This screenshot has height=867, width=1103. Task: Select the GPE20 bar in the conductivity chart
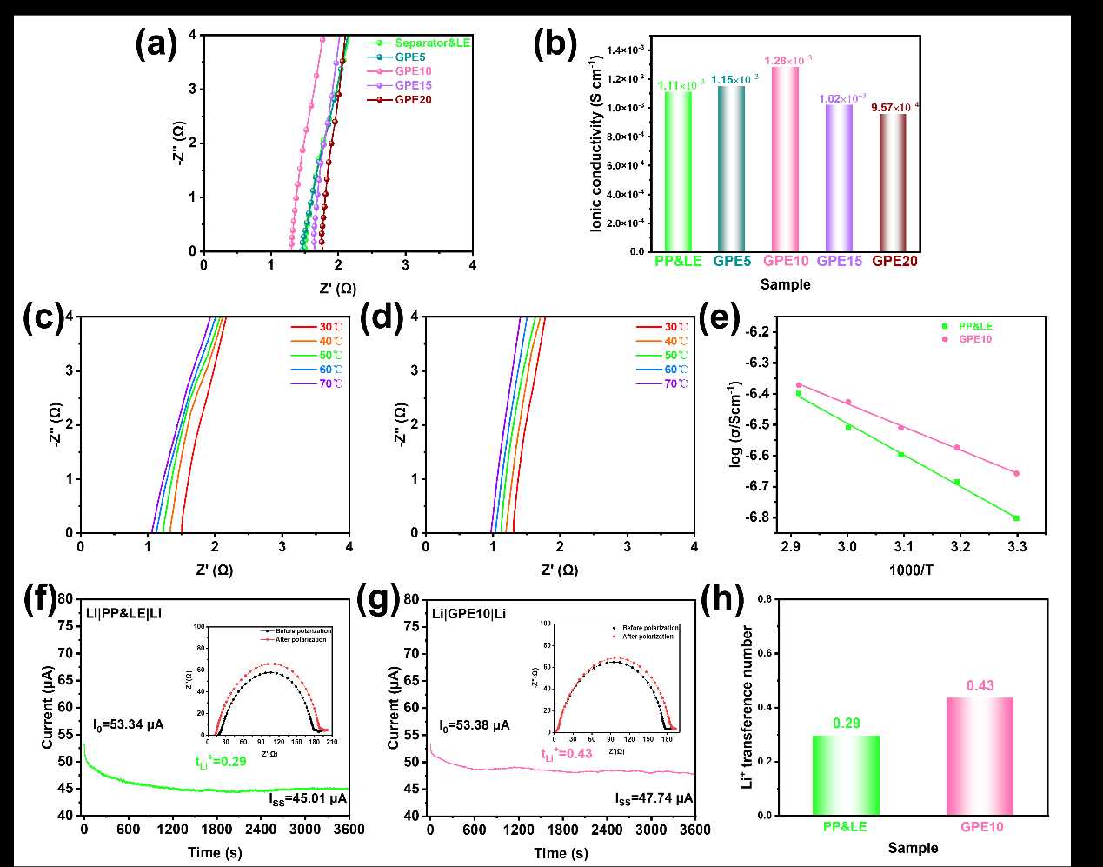pos(893,183)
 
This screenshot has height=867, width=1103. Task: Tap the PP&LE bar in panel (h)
pos(845,775)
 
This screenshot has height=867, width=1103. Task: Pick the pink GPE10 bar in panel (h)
pos(980,756)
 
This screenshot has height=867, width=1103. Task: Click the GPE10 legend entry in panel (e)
pos(974,339)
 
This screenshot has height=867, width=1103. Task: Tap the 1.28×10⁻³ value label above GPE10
pos(788,60)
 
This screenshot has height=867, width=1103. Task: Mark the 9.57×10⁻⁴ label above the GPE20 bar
pos(894,107)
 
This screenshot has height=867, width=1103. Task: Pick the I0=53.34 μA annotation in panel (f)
pos(129,724)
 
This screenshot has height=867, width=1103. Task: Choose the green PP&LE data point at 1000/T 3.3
pos(1016,518)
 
